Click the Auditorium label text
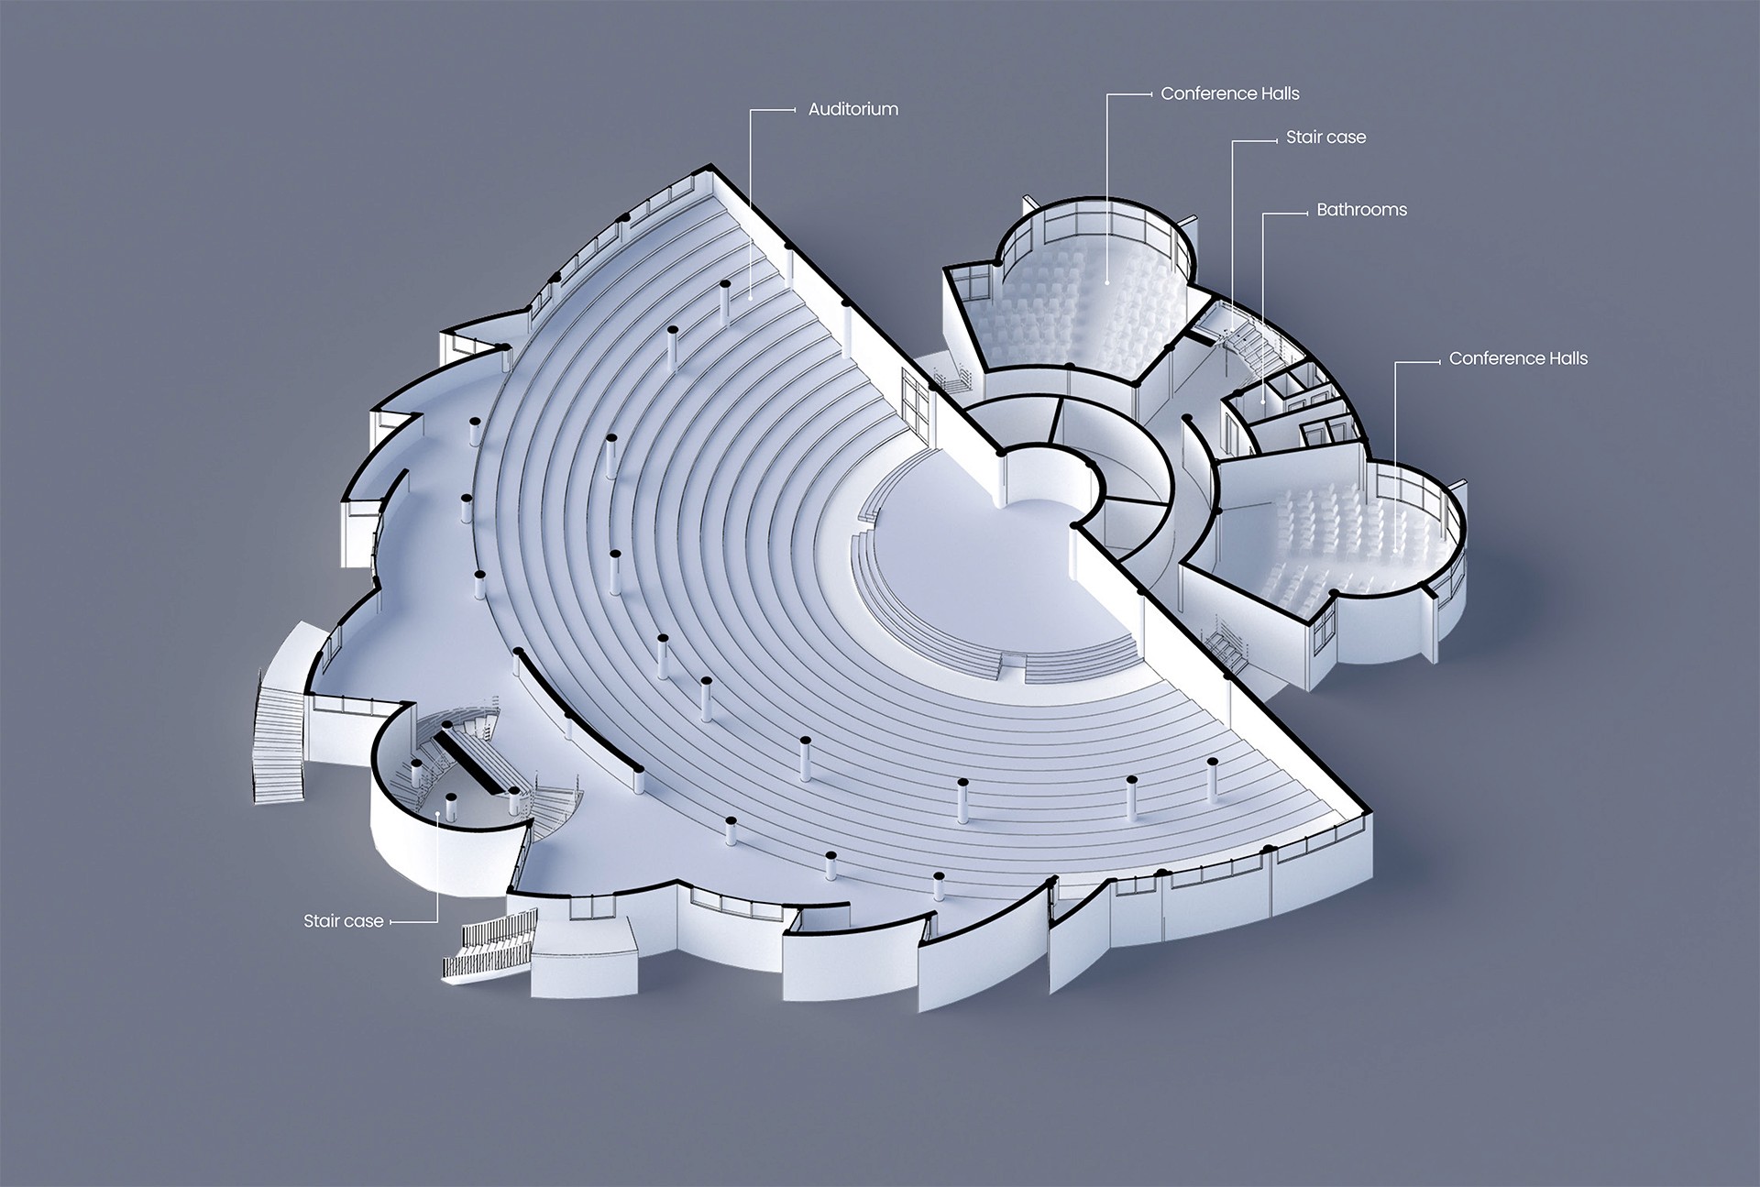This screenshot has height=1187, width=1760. [852, 109]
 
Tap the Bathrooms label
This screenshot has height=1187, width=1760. [1361, 210]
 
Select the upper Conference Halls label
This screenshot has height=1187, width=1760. [1229, 93]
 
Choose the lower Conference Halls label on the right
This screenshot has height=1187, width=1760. [1517, 358]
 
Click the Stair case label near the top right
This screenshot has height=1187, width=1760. [1325, 137]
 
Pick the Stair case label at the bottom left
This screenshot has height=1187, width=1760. [343, 921]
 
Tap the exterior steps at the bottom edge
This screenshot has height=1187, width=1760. [486, 949]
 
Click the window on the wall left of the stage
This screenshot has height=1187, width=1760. [917, 403]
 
